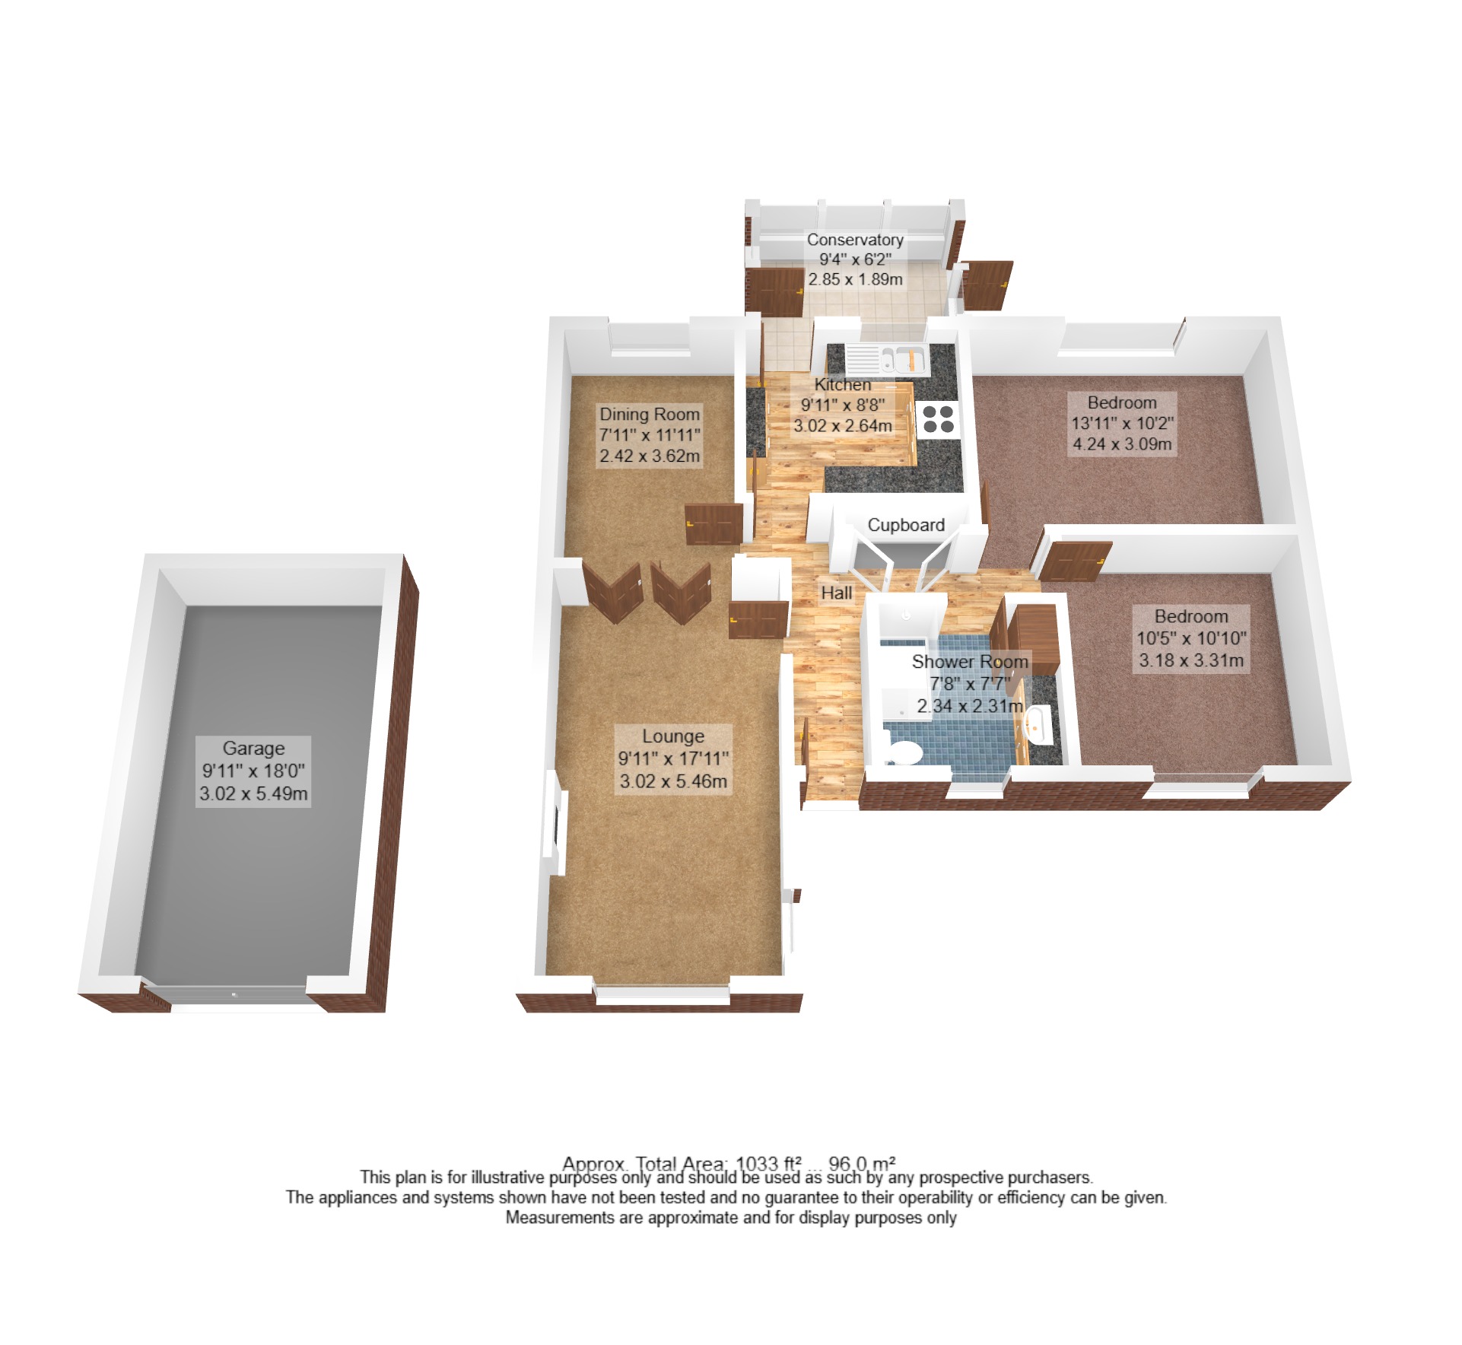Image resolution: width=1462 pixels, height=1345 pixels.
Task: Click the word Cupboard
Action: [x=906, y=525]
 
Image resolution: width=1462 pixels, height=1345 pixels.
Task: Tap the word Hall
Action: [x=836, y=593]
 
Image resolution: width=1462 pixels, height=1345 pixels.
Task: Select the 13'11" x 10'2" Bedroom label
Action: [x=1122, y=423]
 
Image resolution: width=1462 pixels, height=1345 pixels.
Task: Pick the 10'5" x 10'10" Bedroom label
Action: [x=1191, y=638]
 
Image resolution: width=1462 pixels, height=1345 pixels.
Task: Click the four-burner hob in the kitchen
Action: [x=937, y=419]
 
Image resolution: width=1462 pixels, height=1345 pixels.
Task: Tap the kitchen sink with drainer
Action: [x=885, y=358]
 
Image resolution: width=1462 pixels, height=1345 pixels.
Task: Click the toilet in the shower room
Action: [x=903, y=752]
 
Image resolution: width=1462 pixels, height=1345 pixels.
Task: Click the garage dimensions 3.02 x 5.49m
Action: [x=253, y=794]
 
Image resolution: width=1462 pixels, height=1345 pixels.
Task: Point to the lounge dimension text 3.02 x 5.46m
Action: [x=673, y=781]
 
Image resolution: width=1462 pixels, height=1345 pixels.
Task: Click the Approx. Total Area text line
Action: [x=729, y=1163]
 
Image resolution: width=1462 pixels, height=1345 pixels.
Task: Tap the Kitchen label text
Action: [x=843, y=385]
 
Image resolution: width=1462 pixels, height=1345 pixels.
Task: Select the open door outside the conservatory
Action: [x=987, y=285]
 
